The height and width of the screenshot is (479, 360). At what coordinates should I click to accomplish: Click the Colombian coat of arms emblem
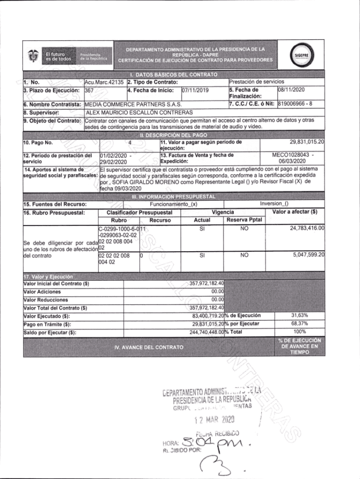click(x=33, y=56)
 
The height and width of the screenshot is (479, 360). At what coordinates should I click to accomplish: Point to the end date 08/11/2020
click(x=291, y=90)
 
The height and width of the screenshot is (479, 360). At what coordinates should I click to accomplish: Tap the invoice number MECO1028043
click(x=290, y=155)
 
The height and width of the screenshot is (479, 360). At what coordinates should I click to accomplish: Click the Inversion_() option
click(x=274, y=204)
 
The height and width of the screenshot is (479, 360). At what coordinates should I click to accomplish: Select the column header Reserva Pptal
click(x=244, y=220)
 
